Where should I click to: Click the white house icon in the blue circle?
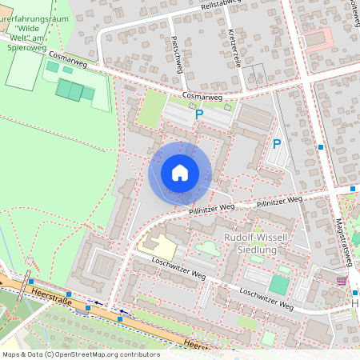tap(179, 172)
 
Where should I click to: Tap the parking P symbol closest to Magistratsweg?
tap(277, 144)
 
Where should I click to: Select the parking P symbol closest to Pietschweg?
tap(199, 114)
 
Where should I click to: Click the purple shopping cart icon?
tap(342, 281)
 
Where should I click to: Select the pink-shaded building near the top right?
tap(318, 38)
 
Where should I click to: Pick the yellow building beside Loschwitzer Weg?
tap(156, 248)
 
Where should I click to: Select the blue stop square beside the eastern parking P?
tap(320, 147)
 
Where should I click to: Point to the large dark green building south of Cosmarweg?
tap(75, 90)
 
